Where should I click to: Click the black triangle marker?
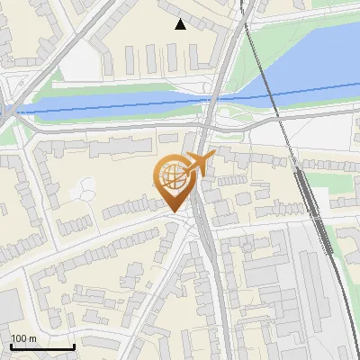[x=181, y=24]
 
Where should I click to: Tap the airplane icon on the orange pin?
[x=199, y=164]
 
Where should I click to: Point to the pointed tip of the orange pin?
[x=174, y=211]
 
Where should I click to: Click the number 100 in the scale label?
[x=18, y=338]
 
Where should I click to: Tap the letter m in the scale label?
[x=32, y=338]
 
